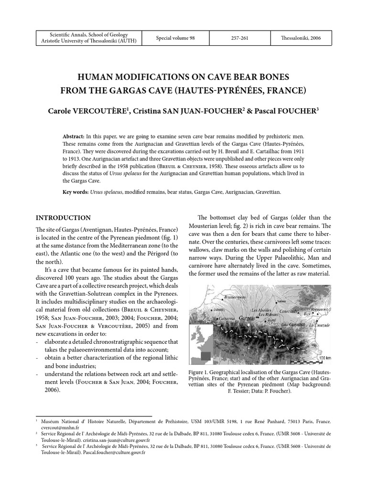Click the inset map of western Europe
(x=201, y=344)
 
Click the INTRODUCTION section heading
(x=63, y=218)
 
